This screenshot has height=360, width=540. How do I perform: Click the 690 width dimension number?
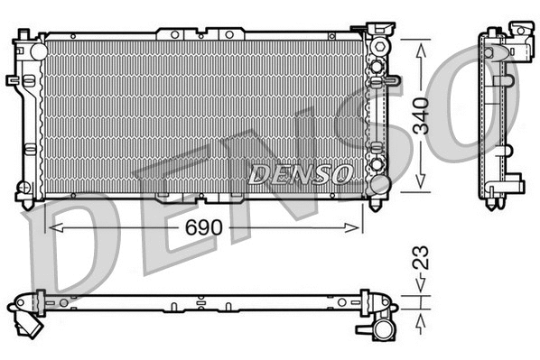pos(205,230)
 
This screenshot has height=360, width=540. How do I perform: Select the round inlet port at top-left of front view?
pos(37,51)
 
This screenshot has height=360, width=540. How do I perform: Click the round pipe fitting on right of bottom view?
pos(383,319)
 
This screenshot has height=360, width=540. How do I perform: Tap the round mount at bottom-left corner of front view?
pos(24,191)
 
